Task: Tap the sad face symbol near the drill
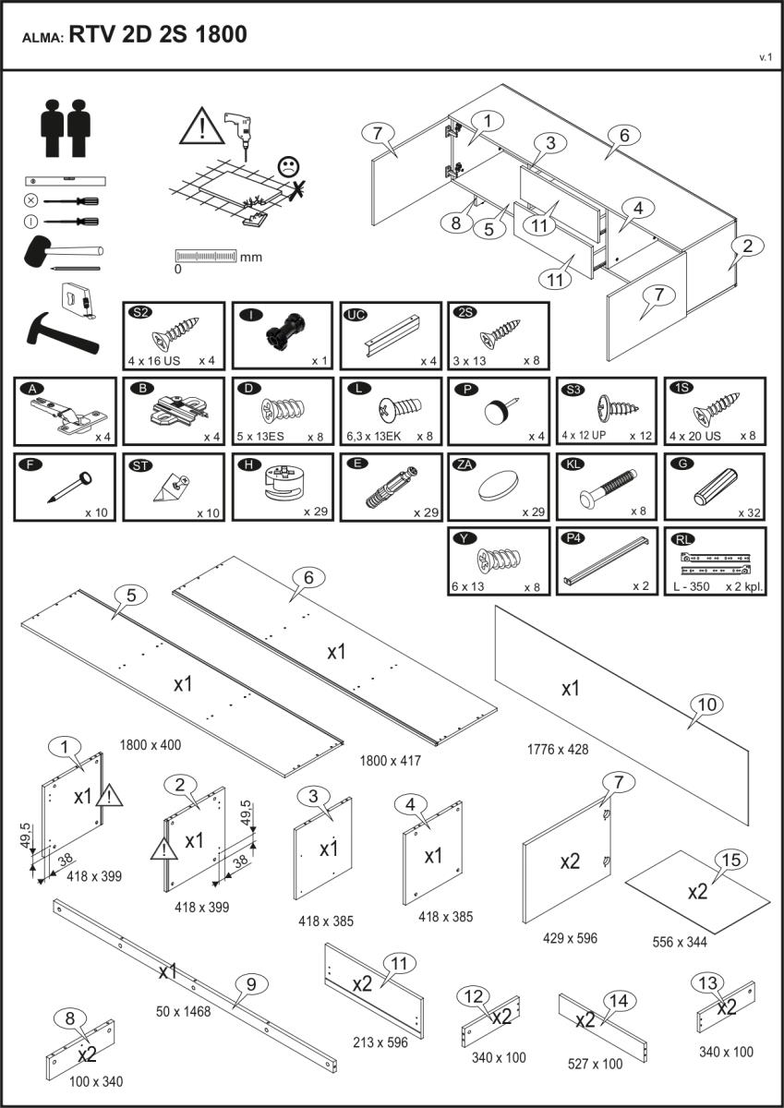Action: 289,167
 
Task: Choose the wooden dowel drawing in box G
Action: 716,486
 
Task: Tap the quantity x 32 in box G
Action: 750,512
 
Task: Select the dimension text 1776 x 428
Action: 558,749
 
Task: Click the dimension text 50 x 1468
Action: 184,1011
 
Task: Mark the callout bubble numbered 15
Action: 730,861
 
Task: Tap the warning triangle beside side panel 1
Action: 109,794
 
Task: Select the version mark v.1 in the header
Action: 765,57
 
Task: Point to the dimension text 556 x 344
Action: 681,942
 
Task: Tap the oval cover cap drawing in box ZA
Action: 499,485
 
